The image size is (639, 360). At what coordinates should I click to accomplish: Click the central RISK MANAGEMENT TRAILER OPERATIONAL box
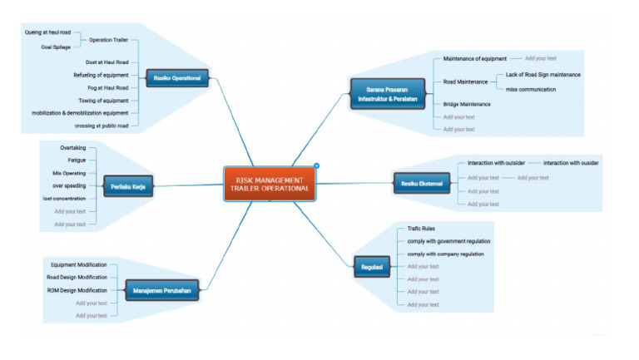(270, 184)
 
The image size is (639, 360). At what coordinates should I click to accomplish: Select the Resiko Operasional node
(177, 80)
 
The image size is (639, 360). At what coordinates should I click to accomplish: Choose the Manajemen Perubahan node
(164, 291)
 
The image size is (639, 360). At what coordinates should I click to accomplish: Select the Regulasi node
(371, 266)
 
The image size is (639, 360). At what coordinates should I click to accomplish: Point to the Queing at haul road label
(48, 32)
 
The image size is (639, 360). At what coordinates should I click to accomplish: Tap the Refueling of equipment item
(101, 75)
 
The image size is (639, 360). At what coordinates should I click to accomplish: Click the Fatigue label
(77, 160)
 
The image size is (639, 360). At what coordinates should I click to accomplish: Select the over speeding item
(67, 185)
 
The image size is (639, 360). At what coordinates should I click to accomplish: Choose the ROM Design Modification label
(77, 290)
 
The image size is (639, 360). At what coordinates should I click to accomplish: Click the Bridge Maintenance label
(466, 104)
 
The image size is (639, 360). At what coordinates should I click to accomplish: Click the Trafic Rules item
(421, 228)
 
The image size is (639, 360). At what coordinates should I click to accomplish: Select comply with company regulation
(445, 254)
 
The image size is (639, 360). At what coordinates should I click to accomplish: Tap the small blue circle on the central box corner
(316, 165)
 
